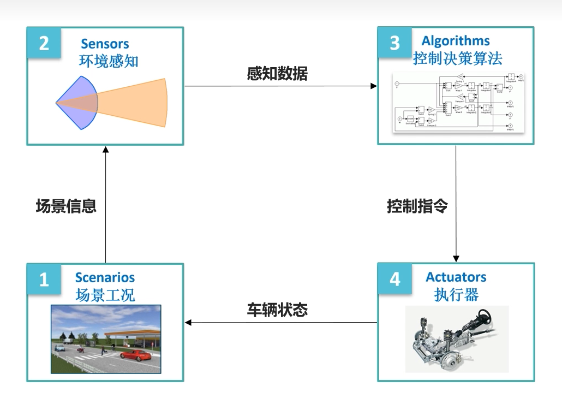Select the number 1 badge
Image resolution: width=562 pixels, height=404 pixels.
coord(44,280)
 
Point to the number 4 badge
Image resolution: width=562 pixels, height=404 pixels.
coord(394,279)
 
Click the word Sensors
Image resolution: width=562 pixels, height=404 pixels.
coord(105,44)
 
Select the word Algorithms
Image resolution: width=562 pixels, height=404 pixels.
coord(456,41)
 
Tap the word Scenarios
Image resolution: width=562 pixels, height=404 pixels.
coord(105,277)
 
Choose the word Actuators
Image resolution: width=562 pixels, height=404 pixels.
coord(456,277)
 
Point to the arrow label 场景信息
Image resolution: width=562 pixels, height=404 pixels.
coord(66,206)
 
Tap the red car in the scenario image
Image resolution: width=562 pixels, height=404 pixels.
coord(135,355)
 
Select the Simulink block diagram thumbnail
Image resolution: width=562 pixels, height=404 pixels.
coord(457,102)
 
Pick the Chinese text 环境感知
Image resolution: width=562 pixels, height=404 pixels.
coord(108,60)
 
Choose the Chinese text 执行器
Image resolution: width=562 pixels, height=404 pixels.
coord(456,295)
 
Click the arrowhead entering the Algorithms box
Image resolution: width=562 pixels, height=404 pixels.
coord(374,86)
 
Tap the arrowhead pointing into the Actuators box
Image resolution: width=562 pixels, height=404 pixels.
coord(456,258)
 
